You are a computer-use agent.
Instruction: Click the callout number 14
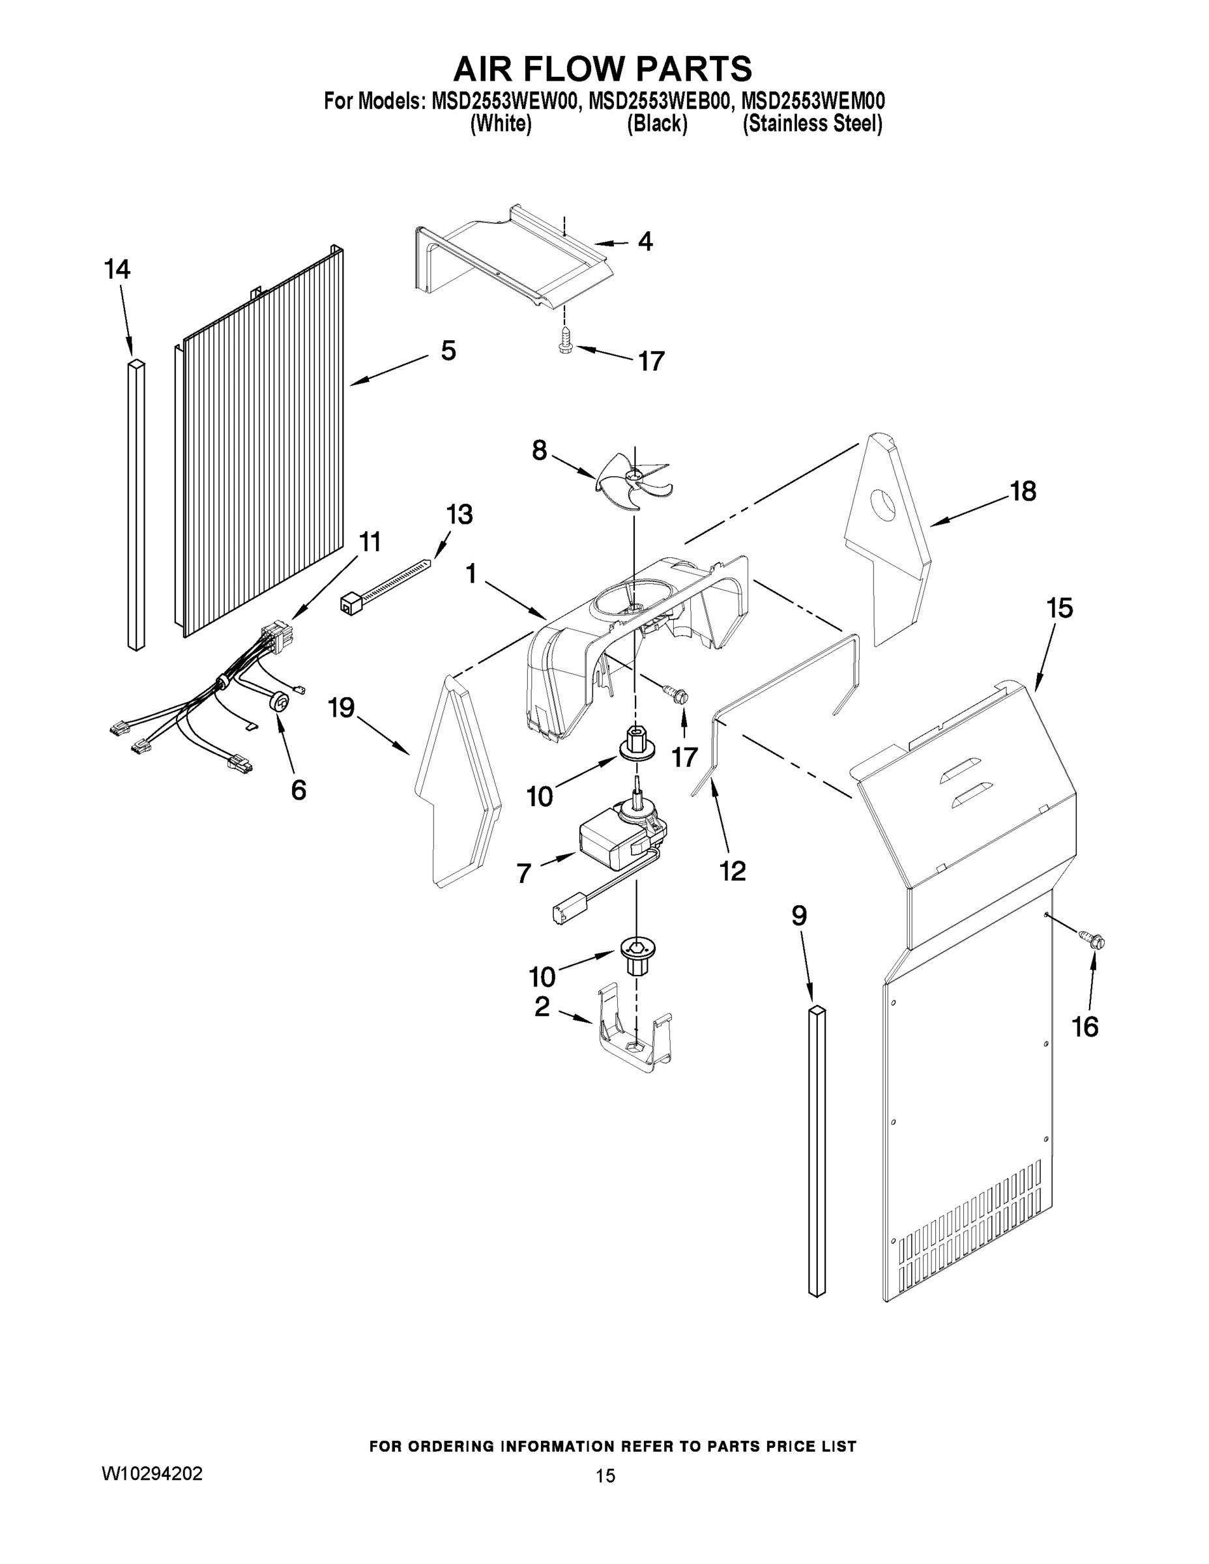(x=117, y=270)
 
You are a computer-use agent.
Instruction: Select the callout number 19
(x=341, y=708)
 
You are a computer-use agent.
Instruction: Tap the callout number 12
(x=733, y=871)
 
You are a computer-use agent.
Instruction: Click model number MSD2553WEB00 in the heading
(x=660, y=101)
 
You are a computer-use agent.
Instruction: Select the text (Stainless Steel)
(x=812, y=124)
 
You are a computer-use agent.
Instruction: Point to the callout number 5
(x=448, y=351)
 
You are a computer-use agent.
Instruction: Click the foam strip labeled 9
(x=817, y=1153)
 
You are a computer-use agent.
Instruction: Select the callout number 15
(x=1059, y=608)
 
